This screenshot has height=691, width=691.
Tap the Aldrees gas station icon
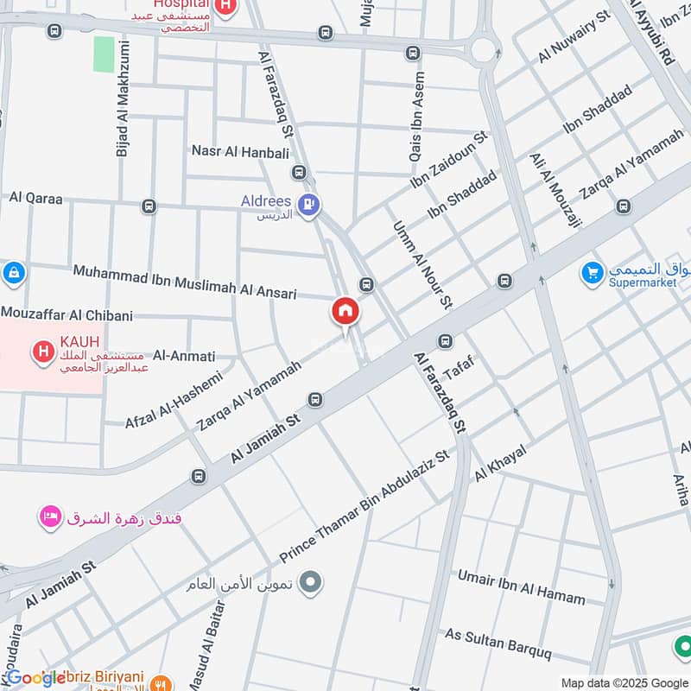[307, 205]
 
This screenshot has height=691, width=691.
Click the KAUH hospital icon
[40, 352]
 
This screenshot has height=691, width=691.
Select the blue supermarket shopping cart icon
[592, 272]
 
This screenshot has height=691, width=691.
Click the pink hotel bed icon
[48, 517]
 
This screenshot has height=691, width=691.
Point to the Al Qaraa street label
[36, 198]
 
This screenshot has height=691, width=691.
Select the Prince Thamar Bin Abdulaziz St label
[365, 504]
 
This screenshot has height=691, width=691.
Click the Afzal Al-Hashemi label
[174, 398]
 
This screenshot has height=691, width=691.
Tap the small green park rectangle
[103, 54]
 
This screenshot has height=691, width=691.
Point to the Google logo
[35, 678]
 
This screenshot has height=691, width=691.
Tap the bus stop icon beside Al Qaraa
[149, 206]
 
